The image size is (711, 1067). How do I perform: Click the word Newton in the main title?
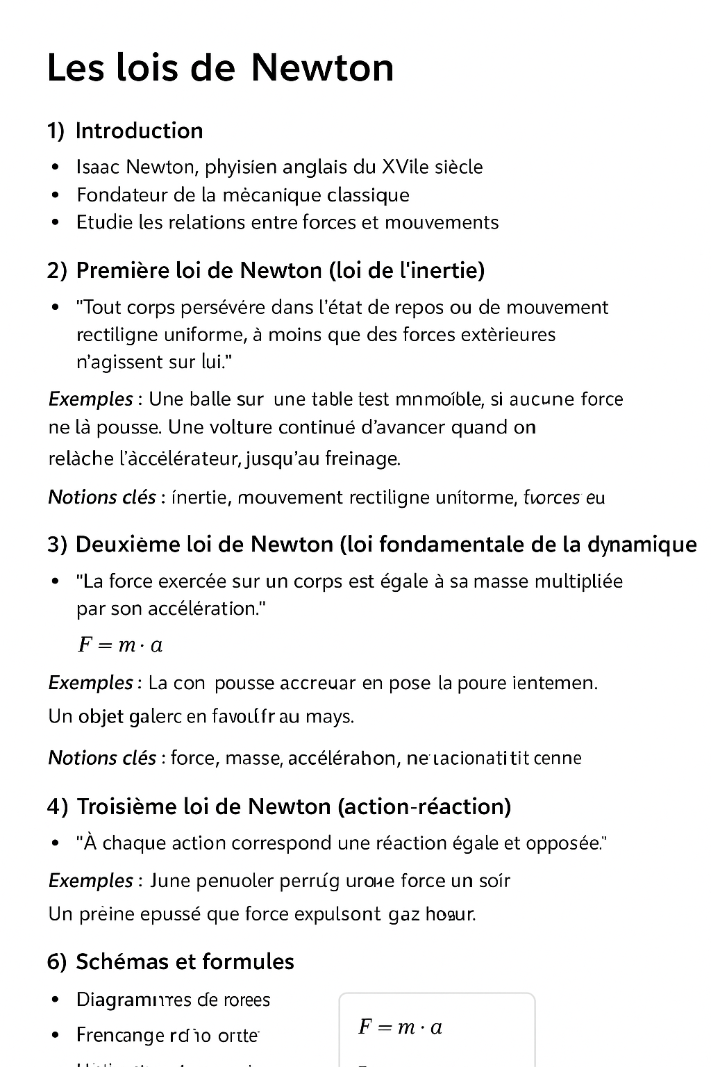tap(322, 68)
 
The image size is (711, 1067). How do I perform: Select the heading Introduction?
tap(139, 131)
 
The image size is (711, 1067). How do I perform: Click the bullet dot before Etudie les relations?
tap(55, 223)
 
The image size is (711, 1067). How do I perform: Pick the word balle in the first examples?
tap(210, 399)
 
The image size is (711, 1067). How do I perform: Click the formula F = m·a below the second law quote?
tap(120, 645)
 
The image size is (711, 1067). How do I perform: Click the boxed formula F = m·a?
tap(400, 1026)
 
